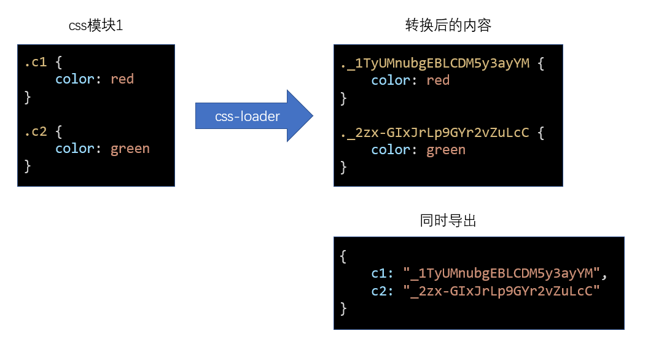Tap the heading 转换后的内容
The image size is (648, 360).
tap(448, 26)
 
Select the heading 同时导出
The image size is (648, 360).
tap(448, 221)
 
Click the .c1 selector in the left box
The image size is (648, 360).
tap(36, 62)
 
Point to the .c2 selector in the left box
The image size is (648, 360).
tap(36, 131)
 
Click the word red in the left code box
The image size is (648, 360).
tap(122, 79)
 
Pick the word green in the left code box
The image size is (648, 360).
tap(130, 149)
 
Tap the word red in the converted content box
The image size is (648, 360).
tap(438, 80)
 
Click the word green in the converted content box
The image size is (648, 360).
tap(446, 150)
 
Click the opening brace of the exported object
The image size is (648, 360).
tap(343, 256)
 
